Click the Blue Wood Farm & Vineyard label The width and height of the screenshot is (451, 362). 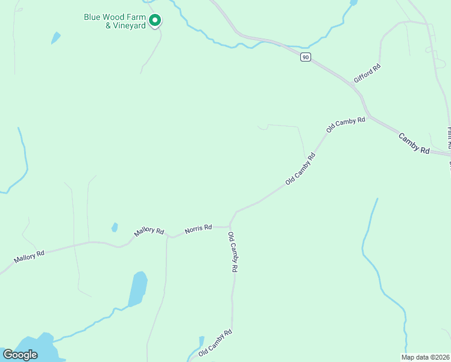tap(115, 21)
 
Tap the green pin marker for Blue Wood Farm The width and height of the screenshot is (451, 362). tap(155, 21)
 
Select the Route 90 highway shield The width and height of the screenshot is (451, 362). tap(306, 57)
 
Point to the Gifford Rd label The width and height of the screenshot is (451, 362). tap(367, 73)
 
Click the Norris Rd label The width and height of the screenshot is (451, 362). tap(198, 229)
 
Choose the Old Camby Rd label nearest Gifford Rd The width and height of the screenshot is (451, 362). tap(346, 124)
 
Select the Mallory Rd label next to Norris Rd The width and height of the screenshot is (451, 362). tap(150, 232)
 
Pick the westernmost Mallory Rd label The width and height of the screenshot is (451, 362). tap(30, 256)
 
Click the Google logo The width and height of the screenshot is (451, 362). tap(20, 354)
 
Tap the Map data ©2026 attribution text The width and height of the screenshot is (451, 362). tap(425, 357)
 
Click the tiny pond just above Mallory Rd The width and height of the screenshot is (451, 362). tap(115, 227)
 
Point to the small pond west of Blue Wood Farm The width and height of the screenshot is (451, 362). tap(56, 37)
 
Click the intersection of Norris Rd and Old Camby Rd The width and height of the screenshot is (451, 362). tap(230, 226)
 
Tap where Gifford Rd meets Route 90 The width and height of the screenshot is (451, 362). tap(355, 84)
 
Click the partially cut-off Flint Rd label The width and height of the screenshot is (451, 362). tap(449, 138)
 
